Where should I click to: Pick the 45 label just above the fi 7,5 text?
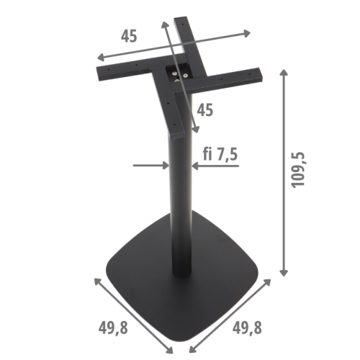(204, 110)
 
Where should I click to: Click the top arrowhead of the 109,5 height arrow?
(285, 73)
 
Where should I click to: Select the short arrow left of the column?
(150, 166)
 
